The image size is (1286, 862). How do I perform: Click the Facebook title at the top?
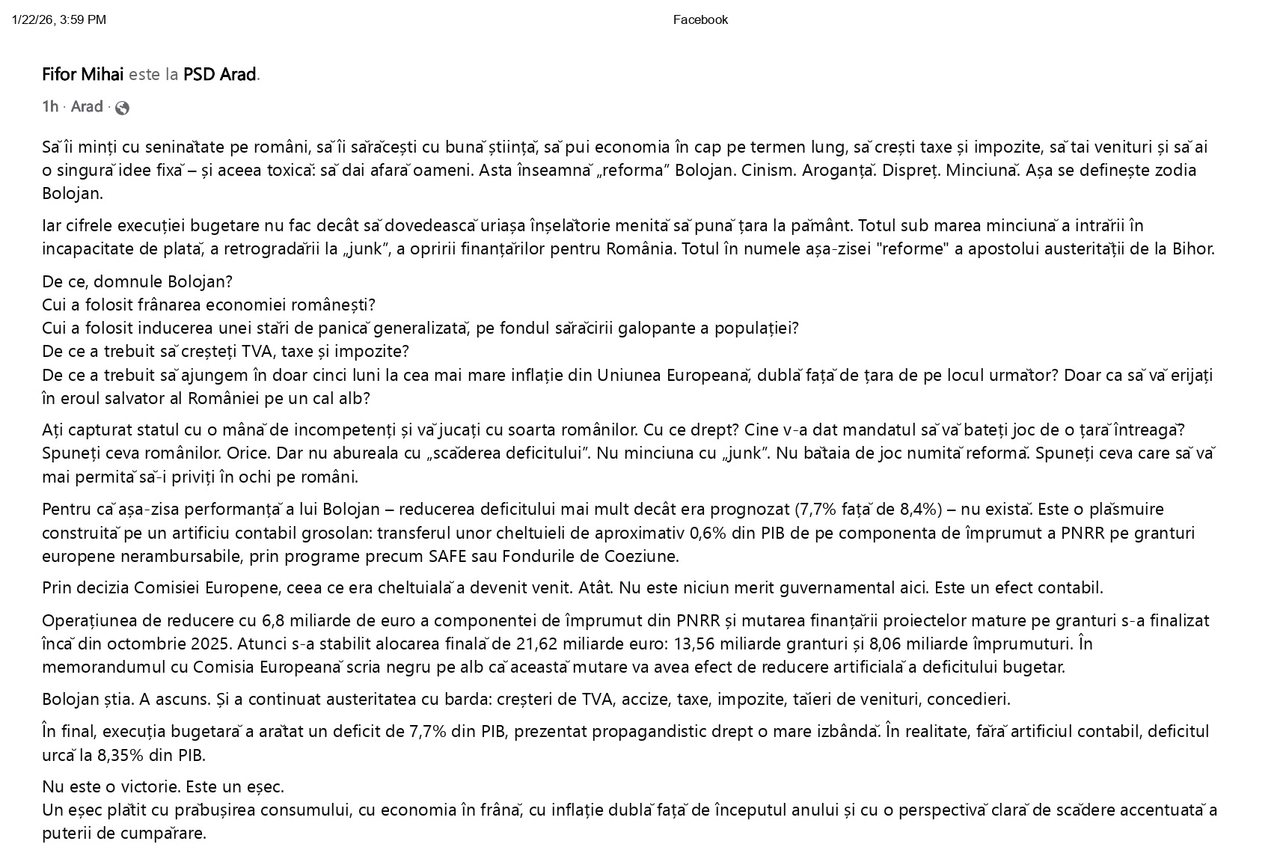pyautogui.click(x=699, y=20)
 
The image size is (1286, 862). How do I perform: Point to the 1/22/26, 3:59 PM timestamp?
pyautogui.click(x=59, y=20)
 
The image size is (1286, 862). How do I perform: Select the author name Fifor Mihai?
pyautogui.click(x=82, y=74)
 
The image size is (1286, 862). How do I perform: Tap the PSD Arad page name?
pyautogui.click(x=220, y=74)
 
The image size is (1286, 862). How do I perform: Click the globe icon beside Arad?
pyautogui.click(x=122, y=108)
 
